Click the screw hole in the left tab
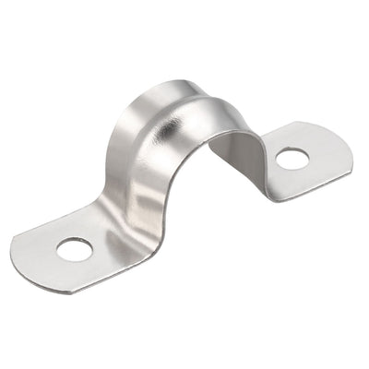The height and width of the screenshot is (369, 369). [74, 248]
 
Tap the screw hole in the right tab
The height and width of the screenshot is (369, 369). [292, 159]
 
